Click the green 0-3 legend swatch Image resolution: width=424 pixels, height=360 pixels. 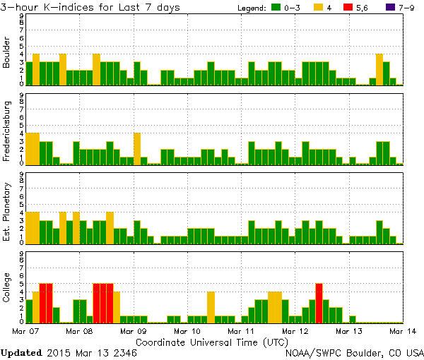click(277, 8)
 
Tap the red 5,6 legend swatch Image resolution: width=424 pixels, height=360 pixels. click(346, 8)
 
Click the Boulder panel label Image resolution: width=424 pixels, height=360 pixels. click(7, 54)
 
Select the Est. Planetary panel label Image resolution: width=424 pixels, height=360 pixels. click(7, 210)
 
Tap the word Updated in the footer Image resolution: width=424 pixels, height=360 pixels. click(22, 351)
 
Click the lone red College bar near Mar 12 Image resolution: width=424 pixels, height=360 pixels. click(319, 302)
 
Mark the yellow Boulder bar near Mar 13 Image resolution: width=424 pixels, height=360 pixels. click(379, 69)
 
